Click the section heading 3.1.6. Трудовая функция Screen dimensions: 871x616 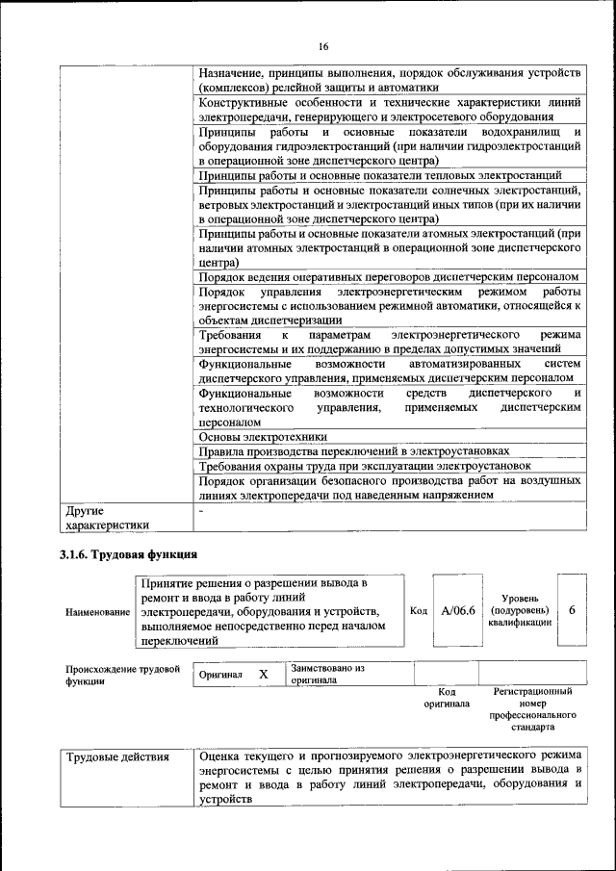pos(129,554)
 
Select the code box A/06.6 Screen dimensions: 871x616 pos(458,611)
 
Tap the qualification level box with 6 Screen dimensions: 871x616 pos(572,611)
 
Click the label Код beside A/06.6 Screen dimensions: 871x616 pos(419,611)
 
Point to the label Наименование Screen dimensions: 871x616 pos(97,612)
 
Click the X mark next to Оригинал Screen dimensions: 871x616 pos(263,675)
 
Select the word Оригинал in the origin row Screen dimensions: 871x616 pos(220,676)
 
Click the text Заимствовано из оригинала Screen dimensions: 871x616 pos(327,674)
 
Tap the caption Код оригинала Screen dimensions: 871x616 pos(447,698)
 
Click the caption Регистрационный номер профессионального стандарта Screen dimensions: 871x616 pos(532,710)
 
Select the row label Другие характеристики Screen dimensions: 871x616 pos(106,519)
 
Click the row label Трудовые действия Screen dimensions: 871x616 pos(117,757)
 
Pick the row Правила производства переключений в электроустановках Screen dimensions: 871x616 pos(353,450)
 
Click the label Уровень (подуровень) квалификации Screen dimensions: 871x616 pos(520,611)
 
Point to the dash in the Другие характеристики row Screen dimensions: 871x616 pos(200,512)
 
